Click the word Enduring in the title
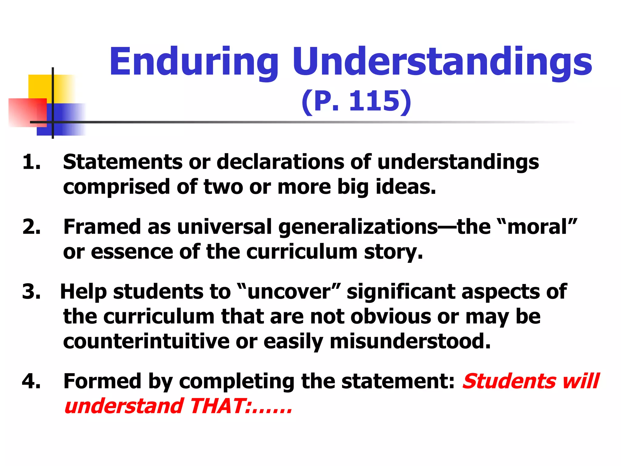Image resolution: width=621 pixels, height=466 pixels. pyautogui.click(x=193, y=62)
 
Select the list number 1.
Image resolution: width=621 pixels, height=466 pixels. pyautogui.click(x=31, y=161)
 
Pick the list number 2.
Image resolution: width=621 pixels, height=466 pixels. pyautogui.click(x=31, y=227)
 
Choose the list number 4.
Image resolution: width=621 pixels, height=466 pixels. pyautogui.click(x=31, y=381)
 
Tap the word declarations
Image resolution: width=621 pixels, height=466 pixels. pyautogui.click(x=280, y=161)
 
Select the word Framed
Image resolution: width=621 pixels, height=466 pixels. pyautogui.click(x=102, y=227)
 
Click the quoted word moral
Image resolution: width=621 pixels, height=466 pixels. pyautogui.click(x=537, y=227)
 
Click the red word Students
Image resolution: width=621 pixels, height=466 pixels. pyautogui.click(x=509, y=381)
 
